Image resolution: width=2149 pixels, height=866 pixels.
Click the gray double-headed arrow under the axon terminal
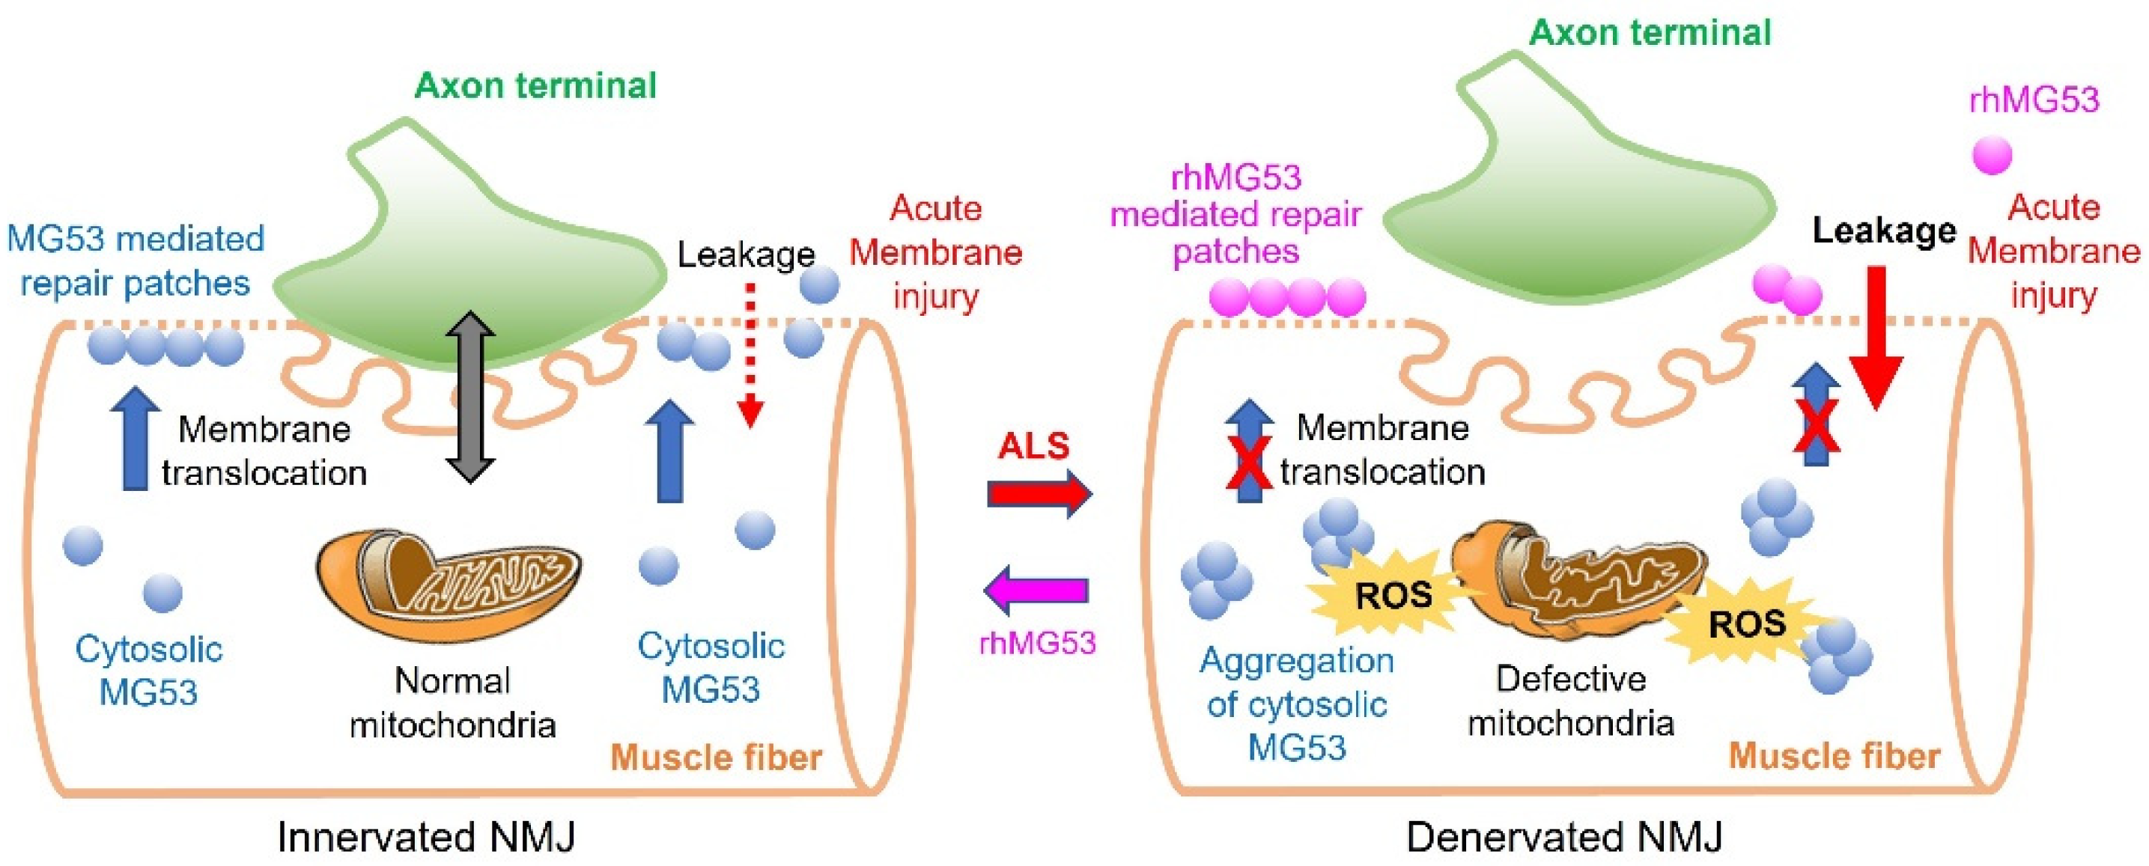pyautogui.click(x=469, y=397)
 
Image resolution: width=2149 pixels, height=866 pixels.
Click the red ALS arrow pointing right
pyautogui.click(x=1039, y=494)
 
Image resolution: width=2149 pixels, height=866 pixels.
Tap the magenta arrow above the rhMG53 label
pyautogui.click(x=1036, y=591)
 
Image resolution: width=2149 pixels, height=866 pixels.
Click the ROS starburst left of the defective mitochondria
pyautogui.click(x=1392, y=595)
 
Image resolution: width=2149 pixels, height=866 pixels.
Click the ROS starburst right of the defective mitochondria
pyautogui.click(x=1746, y=624)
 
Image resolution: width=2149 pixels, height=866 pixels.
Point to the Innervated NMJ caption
pyautogui.click(x=426, y=837)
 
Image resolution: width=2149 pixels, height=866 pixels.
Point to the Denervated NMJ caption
pyautogui.click(x=1564, y=837)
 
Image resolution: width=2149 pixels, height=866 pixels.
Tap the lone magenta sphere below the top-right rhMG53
pyautogui.click(x=1991, y=155)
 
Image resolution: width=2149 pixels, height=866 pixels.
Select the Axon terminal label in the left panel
pyautogui.click(x=535, y=86)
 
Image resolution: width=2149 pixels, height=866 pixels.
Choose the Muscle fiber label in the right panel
pyautogui.click(x=1834, y=756)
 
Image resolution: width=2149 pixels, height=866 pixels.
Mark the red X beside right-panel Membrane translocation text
pyautogui.click(x=1248, y=461)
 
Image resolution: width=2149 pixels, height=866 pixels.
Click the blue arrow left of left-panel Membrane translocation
pyautogui.click(x=135, y=442)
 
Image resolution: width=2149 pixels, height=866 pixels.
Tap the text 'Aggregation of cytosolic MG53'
pyautogui.click(x=1296, y=704)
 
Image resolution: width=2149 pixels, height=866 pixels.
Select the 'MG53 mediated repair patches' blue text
pyautogui.click(x=135, y=261)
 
